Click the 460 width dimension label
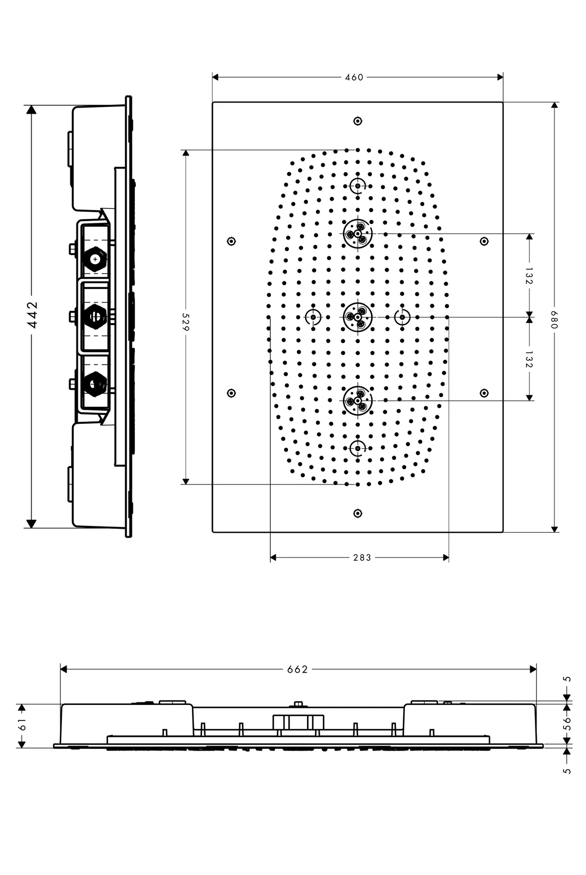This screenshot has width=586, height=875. pyautogui.click(x=354, y=77)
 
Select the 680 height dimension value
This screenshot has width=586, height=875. pyautogui.click(x=554, y=320)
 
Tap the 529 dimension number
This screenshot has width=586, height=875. pyautogui.click(x=186, y=321)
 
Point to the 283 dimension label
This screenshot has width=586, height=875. pyautogui.click(x=362, y=558)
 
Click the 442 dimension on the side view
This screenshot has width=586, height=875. pyautogui.click(x=32, y=315)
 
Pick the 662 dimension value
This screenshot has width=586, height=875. pyautogui.click(x=297, y=669)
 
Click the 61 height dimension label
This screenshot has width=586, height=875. pyautogui.click(x=22, y=724)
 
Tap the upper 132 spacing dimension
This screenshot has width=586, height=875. pyautogui.click(x=529, y=276)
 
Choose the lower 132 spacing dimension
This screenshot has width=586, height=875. pyautogui.click(x=529, y=359)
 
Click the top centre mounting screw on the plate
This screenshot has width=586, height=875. pyautogui.click(x=358, y=121)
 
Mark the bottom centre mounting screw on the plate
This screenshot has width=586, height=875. pyautogui.click(x=358, y=513)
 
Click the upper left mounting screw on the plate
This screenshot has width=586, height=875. pyautogui.click(x=231, y=241)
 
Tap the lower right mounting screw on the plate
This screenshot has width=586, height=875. pyautogui.click(x=484, y=393)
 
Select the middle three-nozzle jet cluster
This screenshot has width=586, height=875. pyautogui.click(x=358, y=317)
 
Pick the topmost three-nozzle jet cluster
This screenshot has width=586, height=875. pyautogui.click(x=358, y=234)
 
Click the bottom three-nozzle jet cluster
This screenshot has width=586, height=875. pyautogui.click(x=358, y=401)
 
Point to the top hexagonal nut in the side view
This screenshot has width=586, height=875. pyautogui.click(x=95, y=259)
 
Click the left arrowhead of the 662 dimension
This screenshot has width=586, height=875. pyautogui.click(x=64, y=669)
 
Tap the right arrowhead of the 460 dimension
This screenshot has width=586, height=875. pyautogui.click(x=500, y=77)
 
